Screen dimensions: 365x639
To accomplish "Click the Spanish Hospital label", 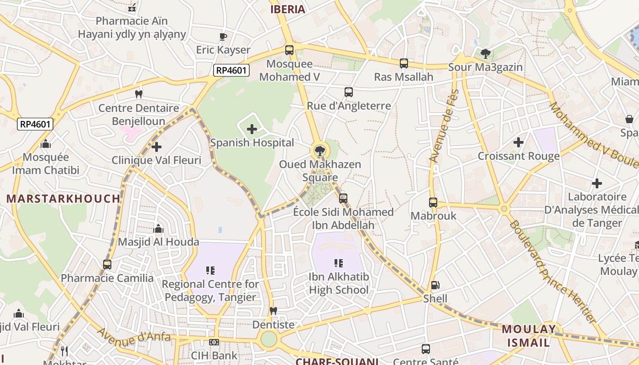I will click(252, 143).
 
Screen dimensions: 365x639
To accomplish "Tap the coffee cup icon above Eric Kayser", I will click(223, 36).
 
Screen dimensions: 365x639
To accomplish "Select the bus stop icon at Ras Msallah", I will click(403, 63).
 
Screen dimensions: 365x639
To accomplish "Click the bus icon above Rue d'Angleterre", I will click(349, 92).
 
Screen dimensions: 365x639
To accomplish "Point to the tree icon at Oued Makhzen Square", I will click(319, 151).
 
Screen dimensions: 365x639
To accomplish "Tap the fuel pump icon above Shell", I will click(435, 286).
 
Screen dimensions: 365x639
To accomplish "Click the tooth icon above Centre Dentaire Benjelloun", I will click(139, 94).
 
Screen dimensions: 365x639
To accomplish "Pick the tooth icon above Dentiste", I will click(273, 311).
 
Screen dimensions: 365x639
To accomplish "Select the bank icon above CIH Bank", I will click(214, 342).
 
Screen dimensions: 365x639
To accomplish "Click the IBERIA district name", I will click(288, 10).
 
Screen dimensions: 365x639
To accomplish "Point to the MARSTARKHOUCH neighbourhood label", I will click(63, 199).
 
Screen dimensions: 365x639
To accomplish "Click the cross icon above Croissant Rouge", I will click(519, 142).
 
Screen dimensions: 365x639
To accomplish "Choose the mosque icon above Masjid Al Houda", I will click(158, 229).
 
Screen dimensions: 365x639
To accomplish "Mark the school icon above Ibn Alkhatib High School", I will click(339, 263).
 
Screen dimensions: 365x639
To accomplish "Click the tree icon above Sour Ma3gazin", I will click(485, 54).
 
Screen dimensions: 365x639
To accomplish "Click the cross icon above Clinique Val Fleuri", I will click(157, 147).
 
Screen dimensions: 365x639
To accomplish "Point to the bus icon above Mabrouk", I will click(433, 202).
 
